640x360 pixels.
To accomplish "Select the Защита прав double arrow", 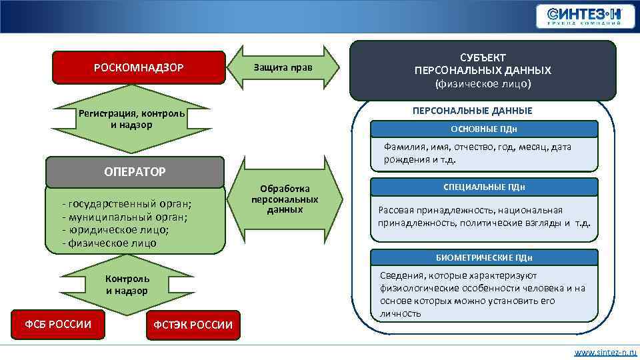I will pos(283,69).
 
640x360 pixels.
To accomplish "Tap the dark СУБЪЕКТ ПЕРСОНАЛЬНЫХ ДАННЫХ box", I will pos(483,70).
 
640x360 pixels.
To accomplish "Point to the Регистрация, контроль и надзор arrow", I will pos(131,119).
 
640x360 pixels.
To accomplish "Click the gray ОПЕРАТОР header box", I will pos(135,171).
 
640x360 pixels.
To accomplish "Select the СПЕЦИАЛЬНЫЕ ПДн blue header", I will pos(484,187).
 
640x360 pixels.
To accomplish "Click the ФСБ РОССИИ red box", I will pos(58,325).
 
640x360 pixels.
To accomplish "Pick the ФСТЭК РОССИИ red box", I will pos(193,325).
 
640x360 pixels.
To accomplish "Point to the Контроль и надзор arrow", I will pos(127,285).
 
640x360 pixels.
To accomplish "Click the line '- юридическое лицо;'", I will pos(115,229).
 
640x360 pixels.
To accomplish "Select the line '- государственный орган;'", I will pos(126,203).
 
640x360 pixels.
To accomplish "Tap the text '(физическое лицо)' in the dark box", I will pos(483,85).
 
